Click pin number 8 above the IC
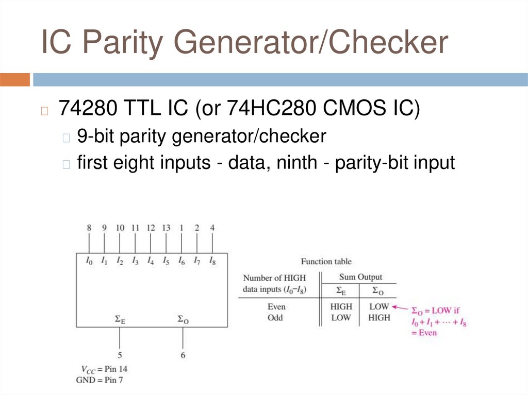tap(89, 228)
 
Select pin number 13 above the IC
tap(166, 228)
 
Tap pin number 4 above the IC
tap(212, 228)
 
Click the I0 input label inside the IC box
tap(89, 261)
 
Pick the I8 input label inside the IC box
tap(212, 261)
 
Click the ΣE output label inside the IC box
tap(120, 320)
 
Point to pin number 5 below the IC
tap(120, 355)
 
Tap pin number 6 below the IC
tap(183, 355)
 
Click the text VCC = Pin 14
tap(103, 369)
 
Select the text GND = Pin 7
tap(103, 380)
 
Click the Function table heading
tap(326, 262)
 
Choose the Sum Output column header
tap(360, 278)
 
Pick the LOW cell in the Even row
tap(379, 307)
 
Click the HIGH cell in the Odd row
tap(379, 318)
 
